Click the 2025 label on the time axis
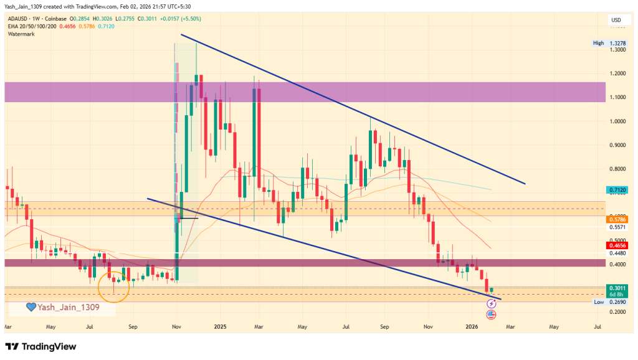[219, 326]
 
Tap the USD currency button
[616, 21]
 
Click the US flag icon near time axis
[491, 315]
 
